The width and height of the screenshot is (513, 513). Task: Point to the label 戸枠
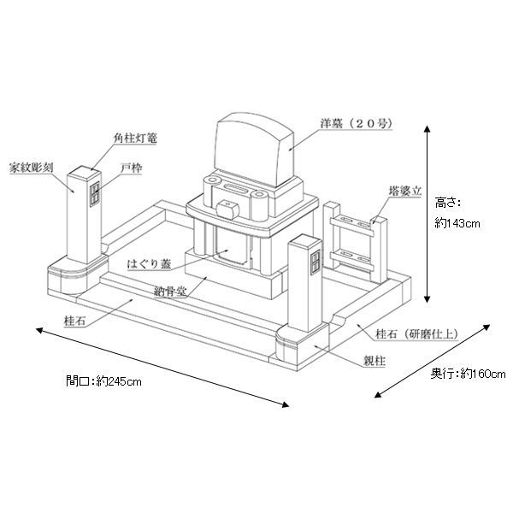pos(131,168)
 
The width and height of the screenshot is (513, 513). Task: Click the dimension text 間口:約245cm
pos(103,380)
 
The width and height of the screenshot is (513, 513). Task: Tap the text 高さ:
pos(447,203)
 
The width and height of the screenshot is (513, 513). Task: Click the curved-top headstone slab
pos(254,151)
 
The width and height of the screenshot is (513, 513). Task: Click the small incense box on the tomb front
pos(227,207)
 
